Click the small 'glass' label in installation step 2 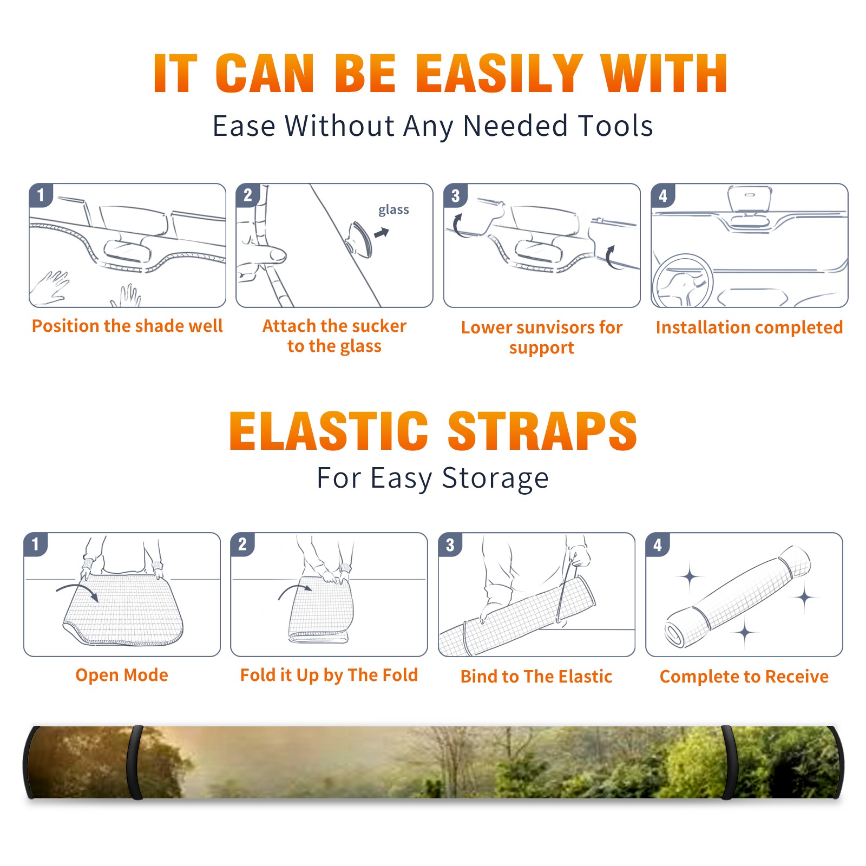(393, 209)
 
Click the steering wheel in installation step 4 (683, 281)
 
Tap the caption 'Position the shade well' (127, 326)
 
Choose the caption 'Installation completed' (749, 327)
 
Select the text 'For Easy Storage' (432, 478)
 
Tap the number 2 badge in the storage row (242, 544)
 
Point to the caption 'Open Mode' (122, 675)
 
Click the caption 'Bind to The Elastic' (536, 677)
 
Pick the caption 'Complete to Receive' (744, 677)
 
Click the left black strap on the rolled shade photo (135, 762)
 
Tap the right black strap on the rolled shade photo (729, 762)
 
